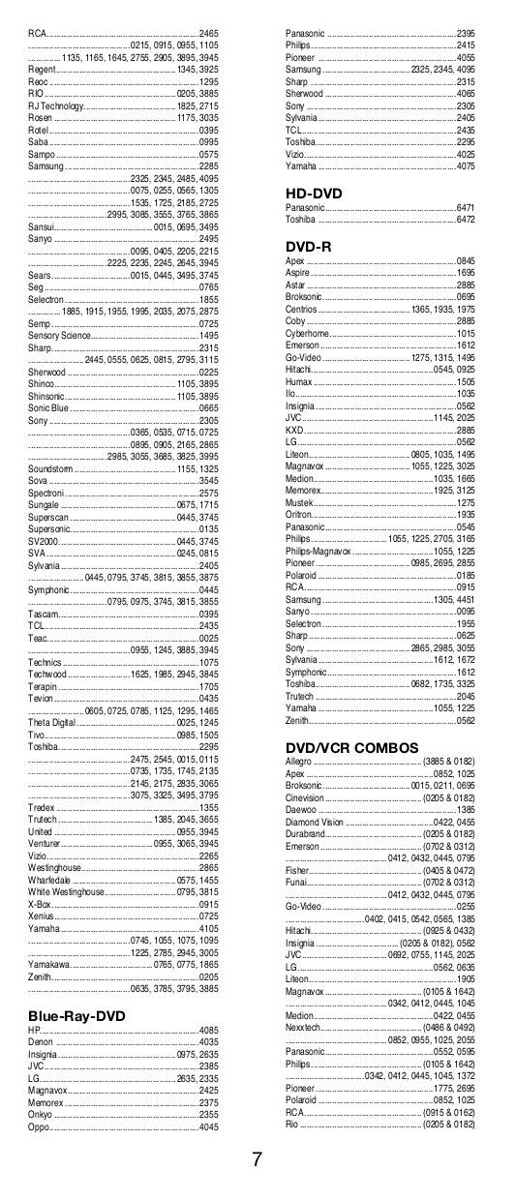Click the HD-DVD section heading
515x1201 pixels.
point(314,194)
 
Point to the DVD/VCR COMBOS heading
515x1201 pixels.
point(351,748)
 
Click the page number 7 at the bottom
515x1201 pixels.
point(257,1159)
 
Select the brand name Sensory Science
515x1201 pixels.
point(60,335)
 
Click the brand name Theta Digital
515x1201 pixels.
point(51,722)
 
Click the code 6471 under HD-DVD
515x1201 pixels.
point(465,207)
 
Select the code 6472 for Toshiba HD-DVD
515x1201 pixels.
point(465,219)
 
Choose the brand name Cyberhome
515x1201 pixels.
point(307,333)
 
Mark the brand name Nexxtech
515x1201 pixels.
point(304,1027)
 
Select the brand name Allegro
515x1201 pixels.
point(299,763)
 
